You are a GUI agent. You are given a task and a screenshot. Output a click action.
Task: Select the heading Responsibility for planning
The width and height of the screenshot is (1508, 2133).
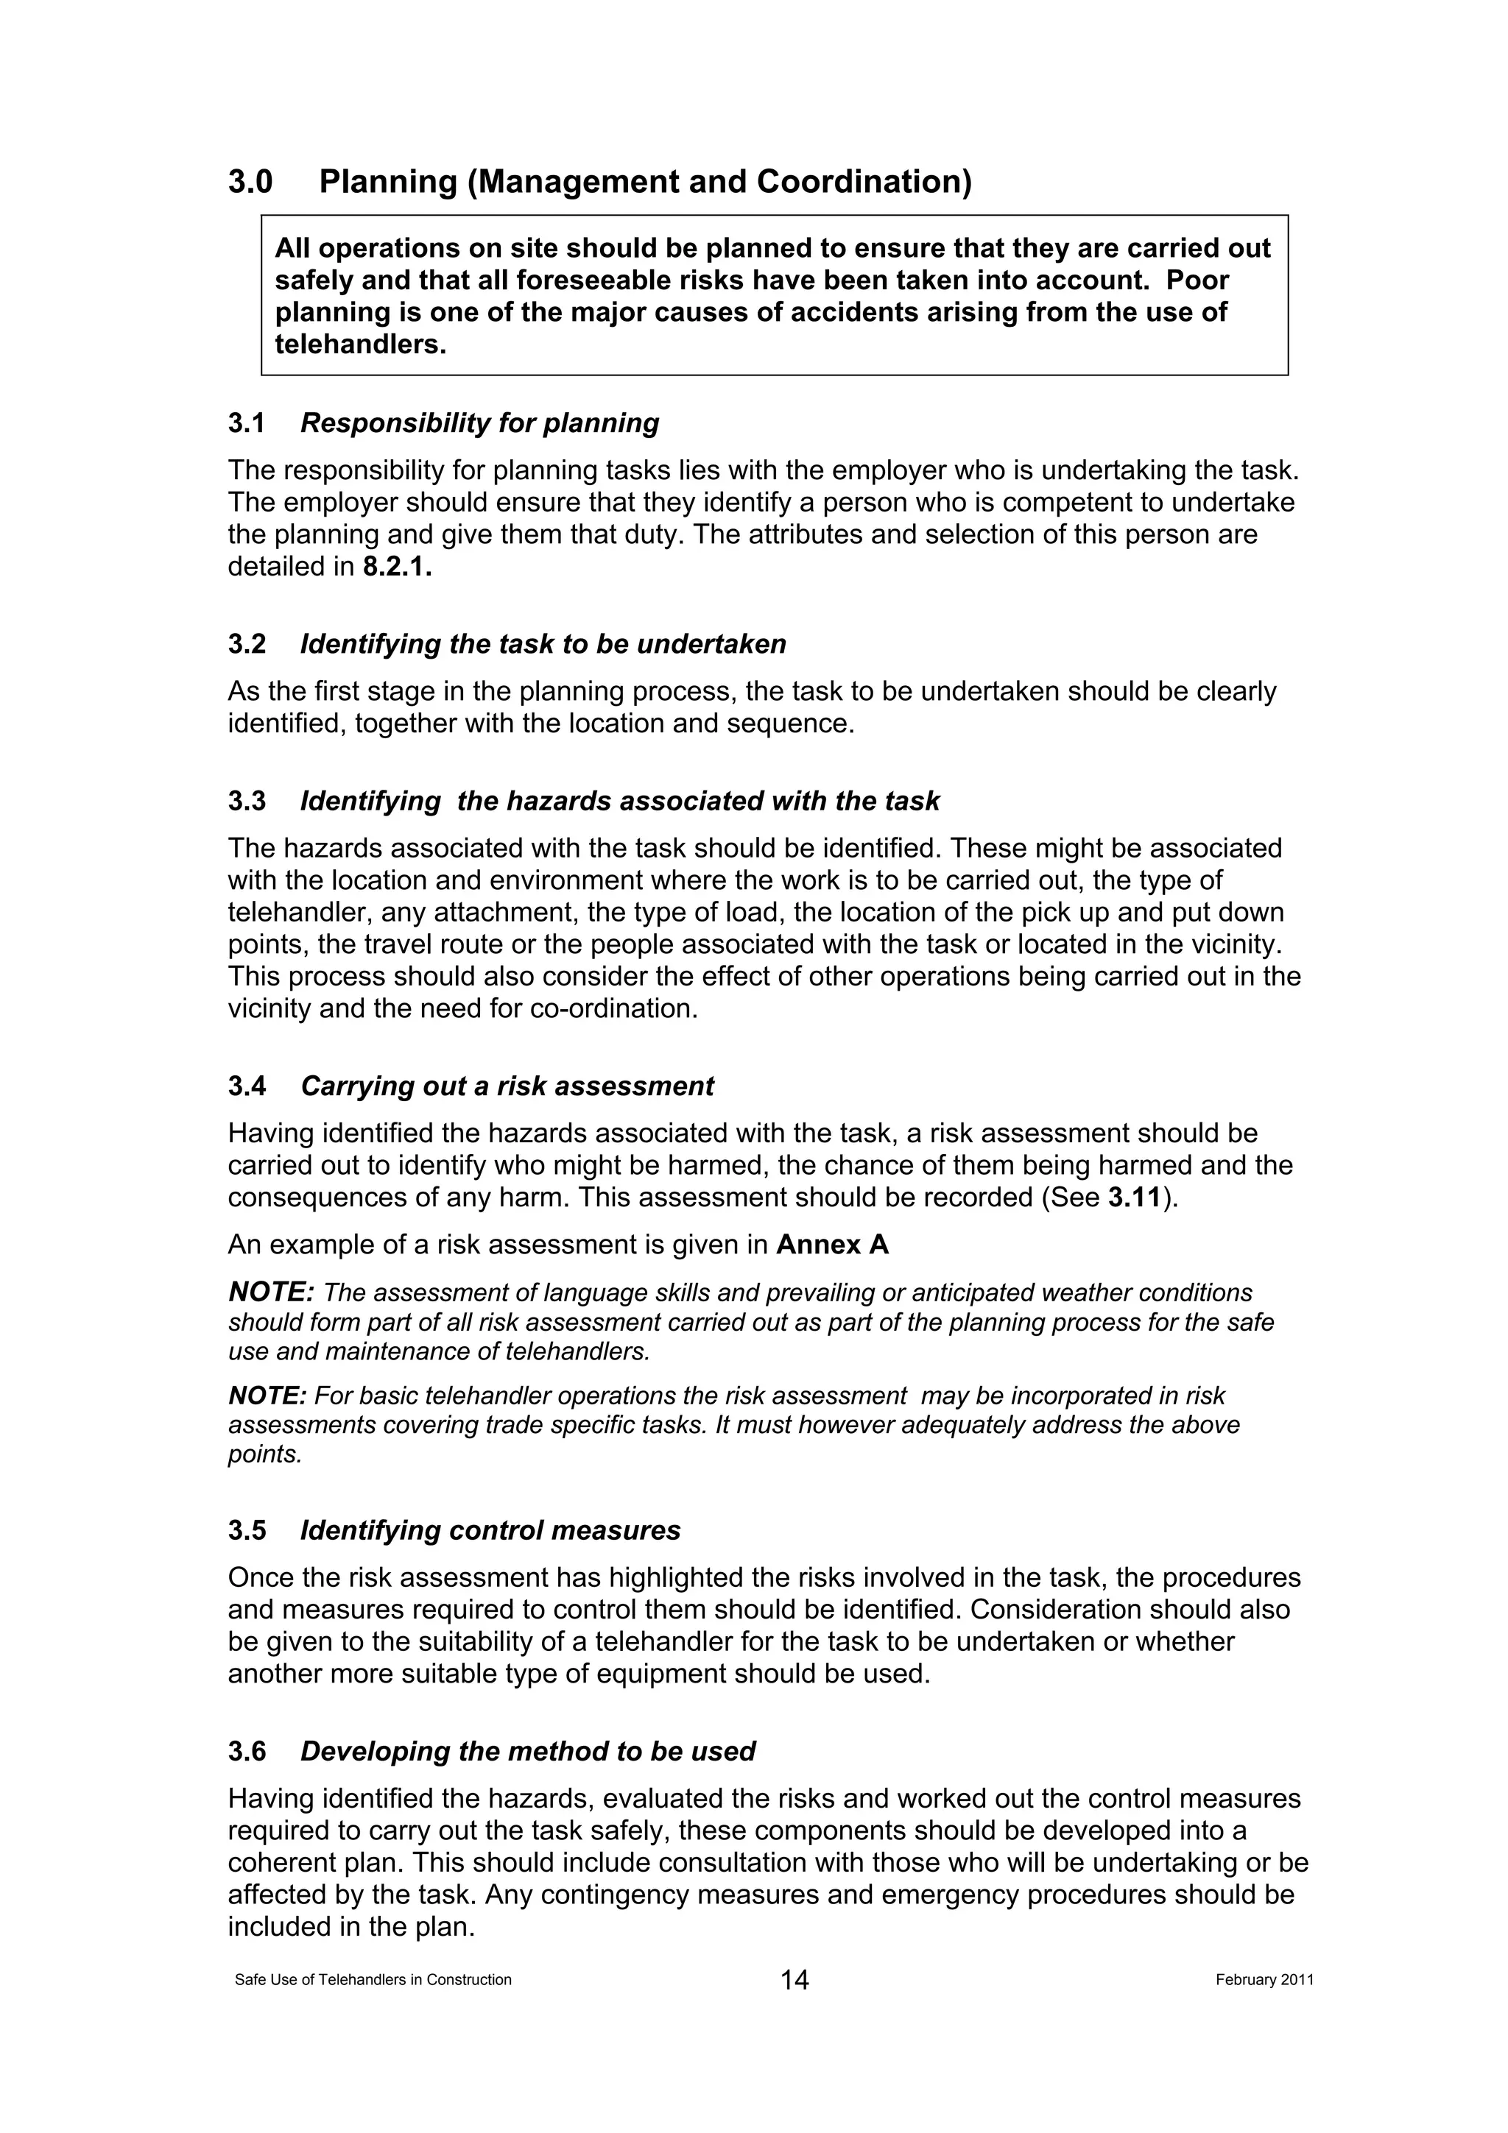[479, 424]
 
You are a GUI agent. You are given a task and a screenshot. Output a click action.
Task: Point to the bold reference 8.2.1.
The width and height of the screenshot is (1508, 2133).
[398, 567]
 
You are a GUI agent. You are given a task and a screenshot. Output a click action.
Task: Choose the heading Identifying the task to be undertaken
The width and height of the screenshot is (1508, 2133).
[543, 644]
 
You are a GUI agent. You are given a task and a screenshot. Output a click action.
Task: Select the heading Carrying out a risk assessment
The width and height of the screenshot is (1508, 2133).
[507, 1086]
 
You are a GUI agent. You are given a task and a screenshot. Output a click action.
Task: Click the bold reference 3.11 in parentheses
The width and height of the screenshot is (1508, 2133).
[1135, 1198]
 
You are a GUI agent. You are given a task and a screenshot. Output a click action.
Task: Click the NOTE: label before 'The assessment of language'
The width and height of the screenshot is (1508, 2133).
[271, 1292]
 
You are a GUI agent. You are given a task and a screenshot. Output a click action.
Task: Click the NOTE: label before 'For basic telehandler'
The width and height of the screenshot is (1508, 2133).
[267, 1396]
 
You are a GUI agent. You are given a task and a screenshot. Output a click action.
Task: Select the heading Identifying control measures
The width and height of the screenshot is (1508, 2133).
[490, 1530]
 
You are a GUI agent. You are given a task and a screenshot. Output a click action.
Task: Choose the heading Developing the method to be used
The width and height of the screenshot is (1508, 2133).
[528, 1751]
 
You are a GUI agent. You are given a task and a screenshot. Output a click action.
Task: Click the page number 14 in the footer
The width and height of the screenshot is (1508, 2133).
[794, 1981]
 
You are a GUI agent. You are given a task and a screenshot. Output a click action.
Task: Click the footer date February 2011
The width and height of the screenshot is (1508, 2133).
[1264, 1980]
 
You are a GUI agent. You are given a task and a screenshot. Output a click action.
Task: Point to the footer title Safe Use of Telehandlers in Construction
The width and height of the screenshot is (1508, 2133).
[373, 1980]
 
